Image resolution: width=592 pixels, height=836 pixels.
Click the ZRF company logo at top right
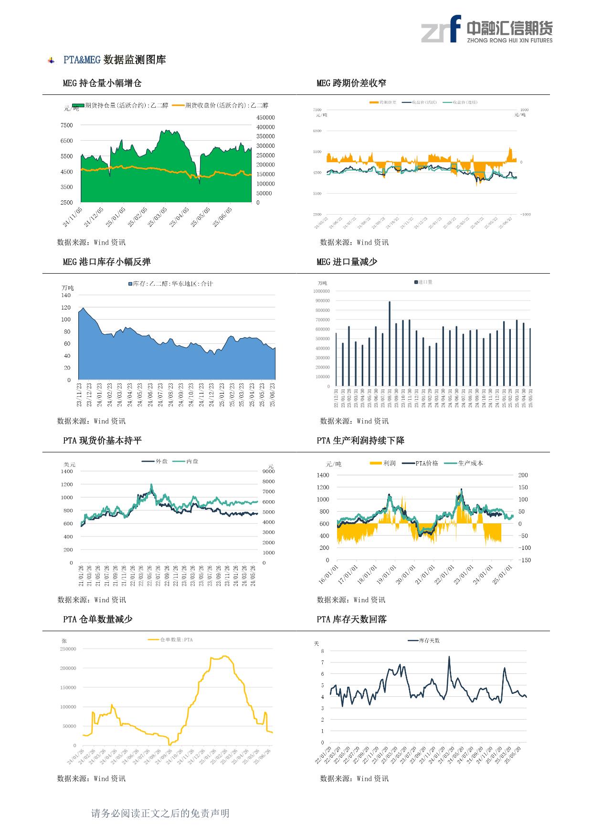coord(486,29)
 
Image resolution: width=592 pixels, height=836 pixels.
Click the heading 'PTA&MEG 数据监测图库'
coord(115,60)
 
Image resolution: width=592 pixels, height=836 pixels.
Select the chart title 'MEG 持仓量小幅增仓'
coord(102,83)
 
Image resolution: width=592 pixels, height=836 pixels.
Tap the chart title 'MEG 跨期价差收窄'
coord(351,83)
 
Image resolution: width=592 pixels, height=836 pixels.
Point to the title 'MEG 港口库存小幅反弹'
coord(106,262)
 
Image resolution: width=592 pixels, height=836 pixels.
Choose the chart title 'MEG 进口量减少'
coord(347,262)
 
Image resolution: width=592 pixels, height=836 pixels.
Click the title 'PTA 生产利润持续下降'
coord(360,441)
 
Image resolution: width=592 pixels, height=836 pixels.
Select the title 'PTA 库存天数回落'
coord(352,619)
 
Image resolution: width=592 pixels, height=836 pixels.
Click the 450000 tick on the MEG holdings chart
coord(265,118)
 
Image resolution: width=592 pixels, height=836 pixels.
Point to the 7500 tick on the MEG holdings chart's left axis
coord(67,125)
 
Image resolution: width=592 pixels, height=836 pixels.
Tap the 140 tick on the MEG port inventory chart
coord(66,296)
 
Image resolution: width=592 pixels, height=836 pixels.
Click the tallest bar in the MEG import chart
coord(390,343)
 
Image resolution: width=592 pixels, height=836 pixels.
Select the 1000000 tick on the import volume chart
coord(321,291)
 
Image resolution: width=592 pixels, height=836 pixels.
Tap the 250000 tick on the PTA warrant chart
coord(68,649)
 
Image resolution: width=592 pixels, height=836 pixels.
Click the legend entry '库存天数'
coord(429,640)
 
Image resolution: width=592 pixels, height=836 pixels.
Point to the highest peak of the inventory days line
coord(449,657)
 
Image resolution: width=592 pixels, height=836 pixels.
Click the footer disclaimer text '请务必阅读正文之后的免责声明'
coord(160,813)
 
